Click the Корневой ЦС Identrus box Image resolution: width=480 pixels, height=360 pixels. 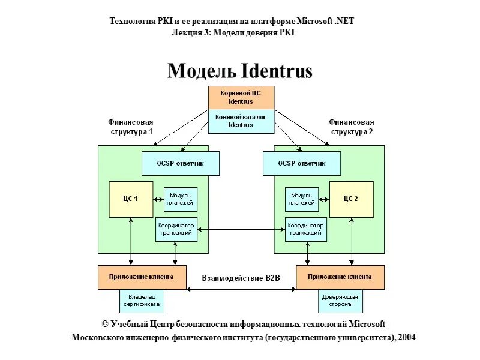point(241,98)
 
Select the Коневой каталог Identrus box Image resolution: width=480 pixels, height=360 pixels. point(241,121)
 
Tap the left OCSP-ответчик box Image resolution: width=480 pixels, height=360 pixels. point(181,163)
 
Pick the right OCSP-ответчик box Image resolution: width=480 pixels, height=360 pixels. point(302,163)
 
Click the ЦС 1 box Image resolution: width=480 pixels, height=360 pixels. point(130,199)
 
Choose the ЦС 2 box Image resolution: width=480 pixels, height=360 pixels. point(351,199)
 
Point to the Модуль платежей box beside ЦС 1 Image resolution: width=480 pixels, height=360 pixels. point(181,199)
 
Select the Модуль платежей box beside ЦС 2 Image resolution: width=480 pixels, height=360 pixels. point(301,199)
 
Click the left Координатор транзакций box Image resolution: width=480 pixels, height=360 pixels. point(175,229)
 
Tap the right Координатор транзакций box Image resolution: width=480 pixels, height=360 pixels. point(306,229)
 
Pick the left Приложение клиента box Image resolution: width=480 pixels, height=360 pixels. point(142,277)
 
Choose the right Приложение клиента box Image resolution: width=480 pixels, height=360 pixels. point(340,277)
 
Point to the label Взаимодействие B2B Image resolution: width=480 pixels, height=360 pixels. point(241,278)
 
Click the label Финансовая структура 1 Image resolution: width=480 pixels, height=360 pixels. point(131,127)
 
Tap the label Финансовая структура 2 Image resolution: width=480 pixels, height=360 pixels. point(351,127)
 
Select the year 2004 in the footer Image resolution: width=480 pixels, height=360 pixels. point(405,337)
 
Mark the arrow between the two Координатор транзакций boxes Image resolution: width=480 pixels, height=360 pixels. point(241,229)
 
